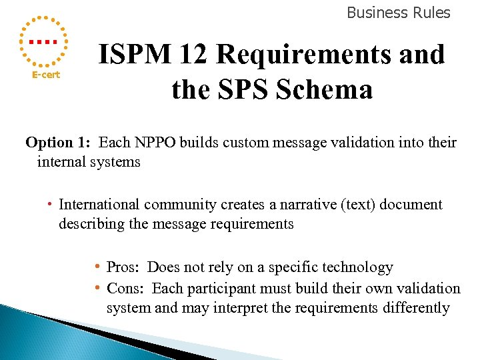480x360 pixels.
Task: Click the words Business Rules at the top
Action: coord(399,13)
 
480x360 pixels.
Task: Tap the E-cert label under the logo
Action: coord(46,75)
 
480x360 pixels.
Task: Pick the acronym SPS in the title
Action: coord(248,89)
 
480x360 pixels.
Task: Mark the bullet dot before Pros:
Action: coord(97,267)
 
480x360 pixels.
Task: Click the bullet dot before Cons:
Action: coord(97,288)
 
